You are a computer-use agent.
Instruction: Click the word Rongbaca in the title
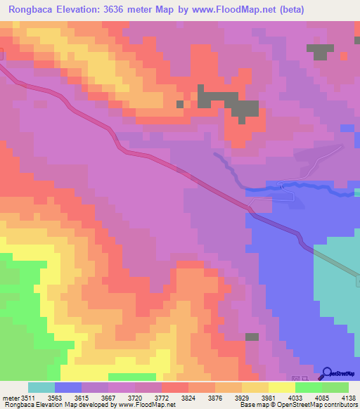[30, 10]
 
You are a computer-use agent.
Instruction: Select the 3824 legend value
[188, 398]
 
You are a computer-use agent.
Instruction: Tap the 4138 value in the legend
[349, 398]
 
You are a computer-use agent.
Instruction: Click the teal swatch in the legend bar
[41, 387]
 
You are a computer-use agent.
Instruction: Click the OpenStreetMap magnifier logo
[326, 372]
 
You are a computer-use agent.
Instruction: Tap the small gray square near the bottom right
[252, 337]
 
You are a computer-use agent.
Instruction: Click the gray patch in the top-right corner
[320, 51]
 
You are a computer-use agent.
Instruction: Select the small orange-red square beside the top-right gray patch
[343, 55]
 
